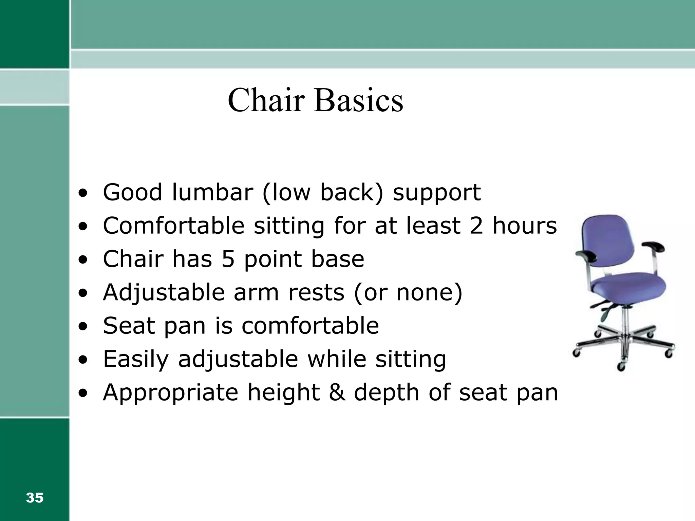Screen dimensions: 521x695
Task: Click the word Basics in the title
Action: [359, 100]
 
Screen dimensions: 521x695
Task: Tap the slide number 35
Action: [35, 498]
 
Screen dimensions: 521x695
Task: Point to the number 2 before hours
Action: [476, 226]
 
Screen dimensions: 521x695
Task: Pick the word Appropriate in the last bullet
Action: [171, 392]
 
